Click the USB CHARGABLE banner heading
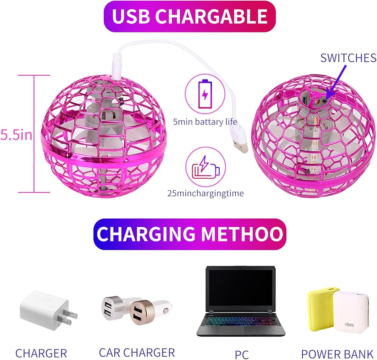190,16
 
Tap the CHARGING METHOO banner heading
190,234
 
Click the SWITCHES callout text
348,58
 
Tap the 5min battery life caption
205,122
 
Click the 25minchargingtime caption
205,193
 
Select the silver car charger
113,307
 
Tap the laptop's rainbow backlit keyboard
240,322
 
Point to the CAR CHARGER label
137,352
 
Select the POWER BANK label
337,354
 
